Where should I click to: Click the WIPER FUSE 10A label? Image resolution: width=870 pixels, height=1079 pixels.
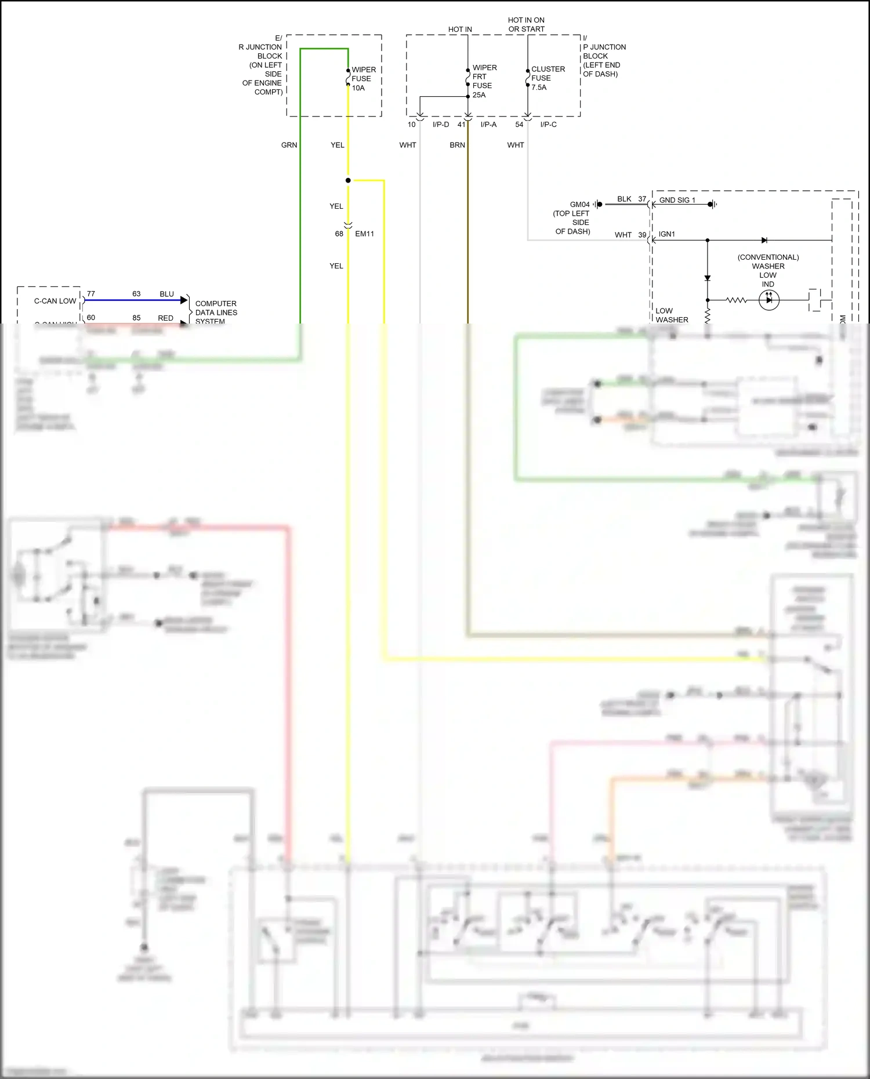tap(364, 79)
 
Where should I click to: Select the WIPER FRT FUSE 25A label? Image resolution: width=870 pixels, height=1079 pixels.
tap(484, 81)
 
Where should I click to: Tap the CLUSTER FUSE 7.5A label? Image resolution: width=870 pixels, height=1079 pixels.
tap(548, 78)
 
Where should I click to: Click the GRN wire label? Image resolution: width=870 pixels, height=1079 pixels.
tap(289, 145)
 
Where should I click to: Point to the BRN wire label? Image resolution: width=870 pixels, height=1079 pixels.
tap(457, 145)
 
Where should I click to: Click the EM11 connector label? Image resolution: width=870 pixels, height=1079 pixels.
tap(364, 234)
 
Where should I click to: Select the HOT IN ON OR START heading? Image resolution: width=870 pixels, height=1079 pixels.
tap(526, 24)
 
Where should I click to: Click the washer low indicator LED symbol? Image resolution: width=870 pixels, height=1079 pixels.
tap(769, 300)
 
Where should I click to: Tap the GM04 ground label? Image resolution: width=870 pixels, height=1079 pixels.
tap(579, 204)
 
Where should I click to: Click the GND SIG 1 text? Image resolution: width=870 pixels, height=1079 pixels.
tap(677, 200)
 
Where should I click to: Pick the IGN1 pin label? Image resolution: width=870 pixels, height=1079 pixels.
tap(666, 234)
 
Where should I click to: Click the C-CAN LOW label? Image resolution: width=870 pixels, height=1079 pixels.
tap(55, 301)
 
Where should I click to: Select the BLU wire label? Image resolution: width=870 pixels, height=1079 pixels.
tap(166, 294)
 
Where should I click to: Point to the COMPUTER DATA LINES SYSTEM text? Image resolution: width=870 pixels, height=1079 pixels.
tap(216, 312)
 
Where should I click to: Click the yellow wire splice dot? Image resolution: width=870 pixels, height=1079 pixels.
tap(348, 180)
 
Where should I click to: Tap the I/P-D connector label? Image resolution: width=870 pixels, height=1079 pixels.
tap(441, 125)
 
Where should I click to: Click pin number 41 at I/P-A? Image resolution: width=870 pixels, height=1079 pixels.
tap(462, 125)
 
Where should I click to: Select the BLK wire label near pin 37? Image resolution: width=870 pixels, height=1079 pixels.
tap(624, 199)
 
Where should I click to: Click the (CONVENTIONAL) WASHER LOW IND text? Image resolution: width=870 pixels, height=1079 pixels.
tap(768, 270)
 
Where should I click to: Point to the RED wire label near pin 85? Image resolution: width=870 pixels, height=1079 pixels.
tap(165, 318)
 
